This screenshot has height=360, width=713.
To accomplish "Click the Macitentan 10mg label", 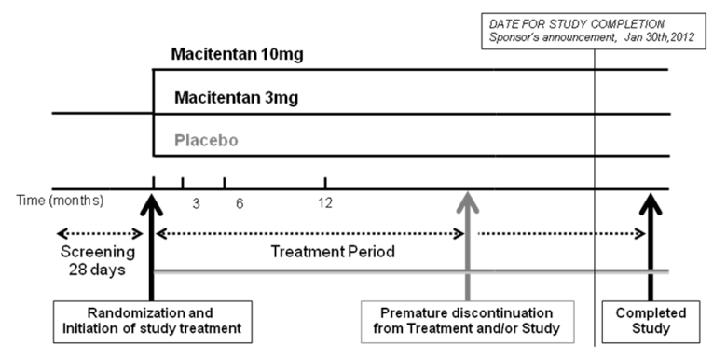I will (x=237, y=54).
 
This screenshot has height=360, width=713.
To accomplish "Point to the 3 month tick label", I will (x=196, y=203).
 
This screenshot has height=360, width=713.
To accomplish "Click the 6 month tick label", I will (x=240, y=203).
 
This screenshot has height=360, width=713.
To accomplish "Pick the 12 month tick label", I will (x=324, y=203).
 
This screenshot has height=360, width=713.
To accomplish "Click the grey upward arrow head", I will (x=468, y=200).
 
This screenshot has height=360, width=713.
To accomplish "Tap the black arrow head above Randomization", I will (x=151, y=201).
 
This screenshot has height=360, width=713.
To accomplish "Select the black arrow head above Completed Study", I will (x=650, y=201).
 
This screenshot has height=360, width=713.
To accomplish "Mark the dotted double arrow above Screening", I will (x=98, y=233).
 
